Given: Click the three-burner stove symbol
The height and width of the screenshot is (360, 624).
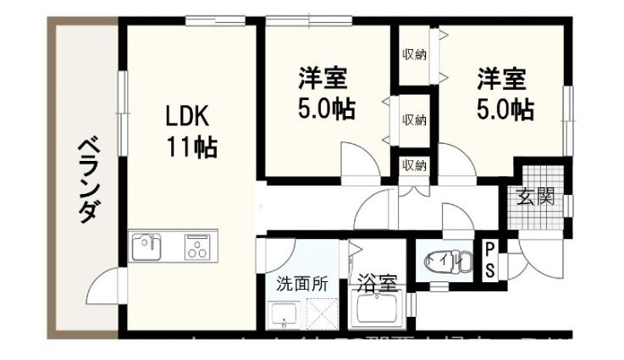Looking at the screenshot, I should click(200, 249).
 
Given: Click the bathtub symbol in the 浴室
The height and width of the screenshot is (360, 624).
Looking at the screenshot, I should click(378, 313).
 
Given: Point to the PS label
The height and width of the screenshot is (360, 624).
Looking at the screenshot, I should click(489, 260).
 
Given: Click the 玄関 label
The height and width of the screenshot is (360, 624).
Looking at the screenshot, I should click(536, 198).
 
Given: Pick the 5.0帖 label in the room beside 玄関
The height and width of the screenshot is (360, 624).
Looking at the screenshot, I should click(504, 108).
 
